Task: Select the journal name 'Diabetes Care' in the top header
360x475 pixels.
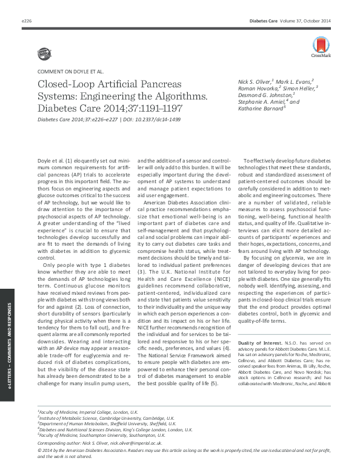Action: click(x=268, y=21)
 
